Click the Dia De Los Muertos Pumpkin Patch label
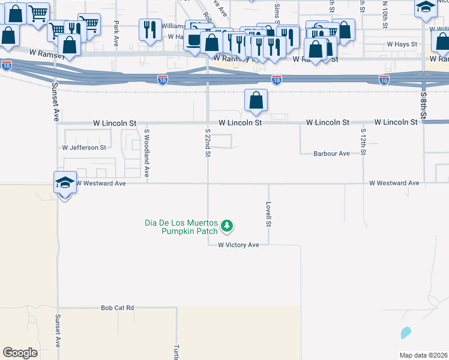tap(182, 226)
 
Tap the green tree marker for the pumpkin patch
tap(227, 226)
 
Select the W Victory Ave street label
tap(238, 245)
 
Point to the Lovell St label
tap(269, 214)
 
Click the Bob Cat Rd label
tap(117, 308)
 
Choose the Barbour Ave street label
tap(331, 154)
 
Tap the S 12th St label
tap(363, 142)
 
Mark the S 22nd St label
tap(208, 142)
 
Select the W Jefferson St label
tap(84, 147)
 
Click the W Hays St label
tap(402, 44)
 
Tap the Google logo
tap(20, 352)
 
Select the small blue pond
tap(406, 332)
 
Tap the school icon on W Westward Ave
tap(65, 183)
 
